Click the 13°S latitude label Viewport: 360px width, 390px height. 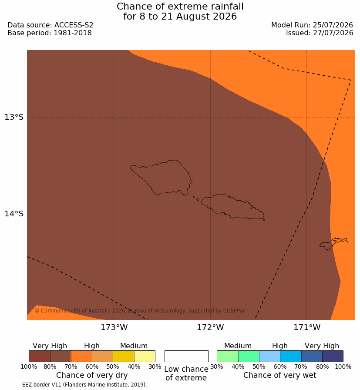(14, 117)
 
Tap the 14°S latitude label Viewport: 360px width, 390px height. (14, 213)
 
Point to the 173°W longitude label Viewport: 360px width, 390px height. (114, 327)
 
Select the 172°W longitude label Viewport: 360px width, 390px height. (211, 327)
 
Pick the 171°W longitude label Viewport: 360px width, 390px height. (307, 327)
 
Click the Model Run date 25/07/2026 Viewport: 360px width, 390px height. (333, 25)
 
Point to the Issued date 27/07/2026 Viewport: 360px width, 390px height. (333, 33)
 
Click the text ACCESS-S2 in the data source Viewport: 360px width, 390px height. (74, 25)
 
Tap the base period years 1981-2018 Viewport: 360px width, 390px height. (73, 33)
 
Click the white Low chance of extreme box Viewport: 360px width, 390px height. (186, 356)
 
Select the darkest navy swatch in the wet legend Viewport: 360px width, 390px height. (333, 356)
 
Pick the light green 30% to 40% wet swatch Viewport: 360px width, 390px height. (227, 356)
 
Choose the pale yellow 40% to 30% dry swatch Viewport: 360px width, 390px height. (145, 356)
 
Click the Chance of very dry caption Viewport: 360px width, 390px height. (92, 375)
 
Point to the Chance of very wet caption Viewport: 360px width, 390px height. (279, 375)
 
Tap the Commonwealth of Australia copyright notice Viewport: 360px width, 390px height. (140, 311)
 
